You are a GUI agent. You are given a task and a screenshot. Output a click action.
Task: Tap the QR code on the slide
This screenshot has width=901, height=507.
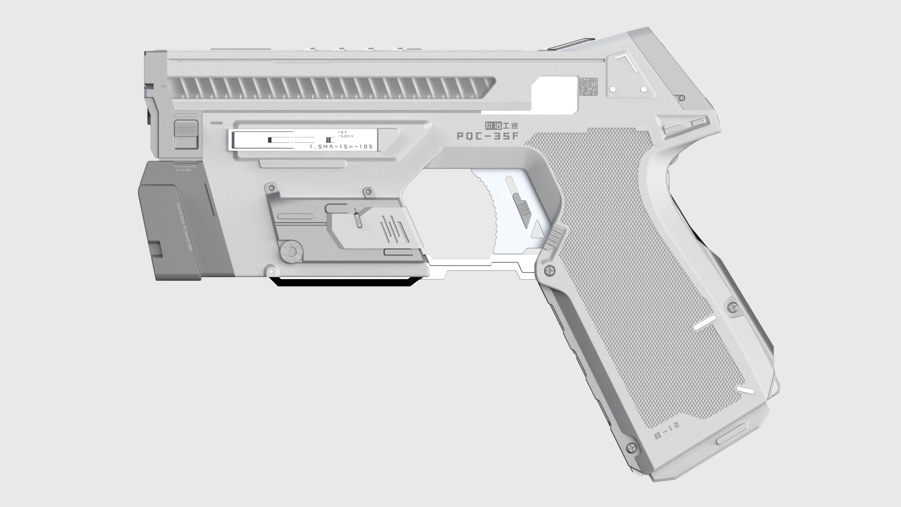pyautogui.click(x=589, y=87)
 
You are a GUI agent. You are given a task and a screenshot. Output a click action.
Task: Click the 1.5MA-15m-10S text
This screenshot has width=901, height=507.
pyautogui.click(x=341, y=146)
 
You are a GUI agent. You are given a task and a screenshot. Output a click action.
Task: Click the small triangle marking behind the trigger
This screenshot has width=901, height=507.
pyautogui.click(x=536, y=229)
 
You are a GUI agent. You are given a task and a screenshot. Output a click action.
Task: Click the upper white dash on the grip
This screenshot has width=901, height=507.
pyautogui.click(x=704, y=323)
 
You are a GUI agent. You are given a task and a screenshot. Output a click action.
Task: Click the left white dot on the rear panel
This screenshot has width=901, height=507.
pyautogui.click(x=613, y=89)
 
